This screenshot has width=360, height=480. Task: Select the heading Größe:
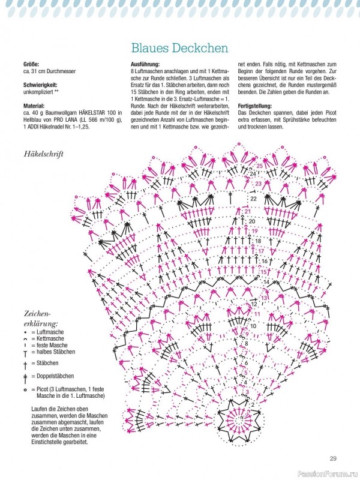click(31, 64)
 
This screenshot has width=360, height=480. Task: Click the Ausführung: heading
click(145, 64)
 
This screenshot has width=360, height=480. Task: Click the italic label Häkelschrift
click(44, 154)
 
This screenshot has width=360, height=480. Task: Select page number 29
click(333, 459)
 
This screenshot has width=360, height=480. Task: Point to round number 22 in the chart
click(253, 198)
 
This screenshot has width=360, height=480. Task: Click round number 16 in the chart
click(264, 261)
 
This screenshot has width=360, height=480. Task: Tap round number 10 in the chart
click(253, 326)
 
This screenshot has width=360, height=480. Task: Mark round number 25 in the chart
click(259, 166)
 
